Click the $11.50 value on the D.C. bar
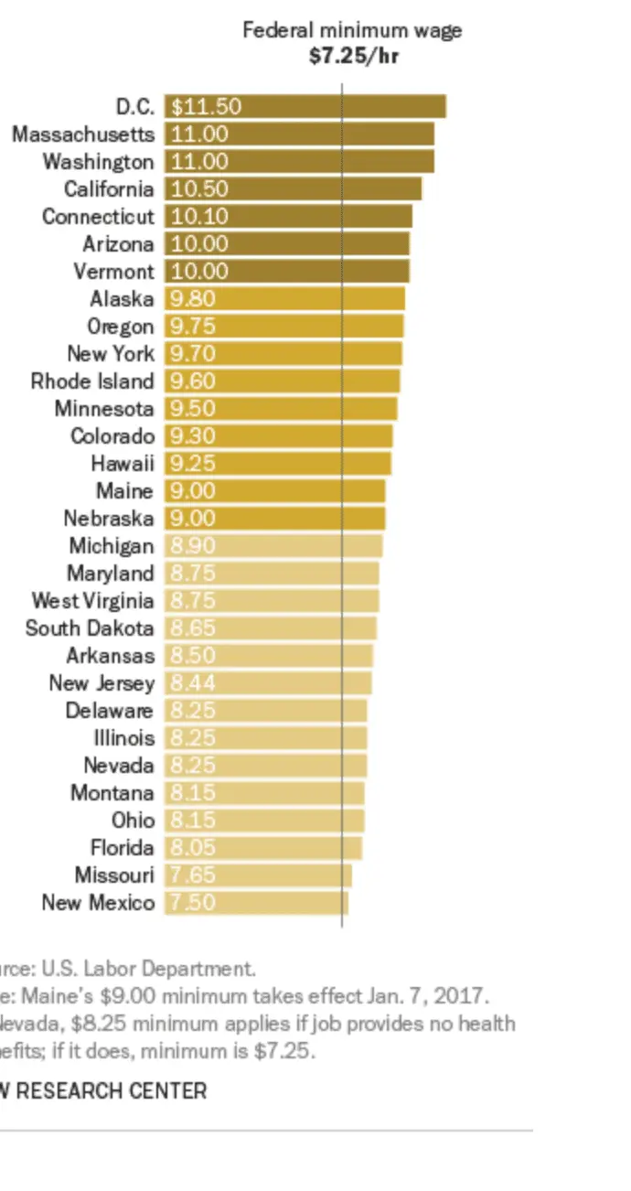click(207, 107)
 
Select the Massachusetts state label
click(83, 134)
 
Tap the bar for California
click(293, 189)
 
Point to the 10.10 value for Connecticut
click(199, 217)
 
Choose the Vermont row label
click(114, 272)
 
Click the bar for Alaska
click(284, 299)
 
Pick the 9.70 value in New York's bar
click(193, 354)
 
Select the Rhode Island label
click(92, 381)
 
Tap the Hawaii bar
click(278, 464)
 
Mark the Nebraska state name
click(109, 519)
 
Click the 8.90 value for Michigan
click(193, 546)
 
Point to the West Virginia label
click(92, 601)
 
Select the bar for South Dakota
click(271, 628)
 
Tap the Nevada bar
click(265, 766)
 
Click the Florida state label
click(123, 848)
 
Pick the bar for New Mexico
click(256, 903)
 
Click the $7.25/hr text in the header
click(353, 54)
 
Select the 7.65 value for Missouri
click(193, 875)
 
